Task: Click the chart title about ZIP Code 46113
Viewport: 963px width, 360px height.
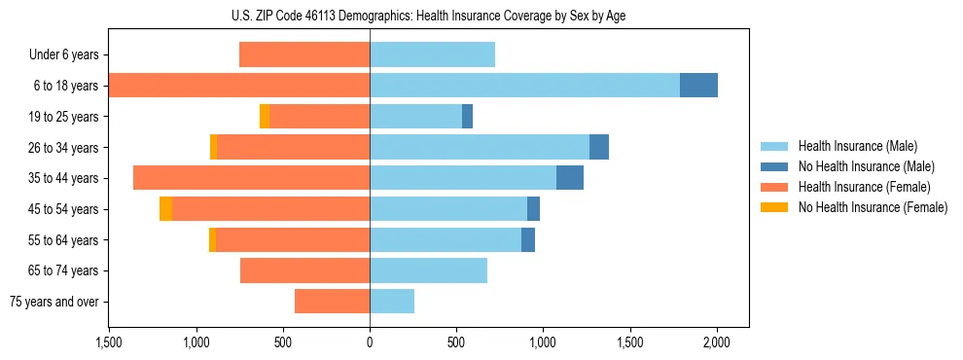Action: (428, 16)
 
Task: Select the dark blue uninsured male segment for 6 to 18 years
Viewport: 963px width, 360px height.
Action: (698, 86)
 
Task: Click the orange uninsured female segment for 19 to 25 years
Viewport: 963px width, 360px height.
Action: (265, 117)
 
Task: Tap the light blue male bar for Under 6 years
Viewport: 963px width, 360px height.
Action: (432, 55)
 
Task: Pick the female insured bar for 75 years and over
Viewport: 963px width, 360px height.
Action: (332, 302)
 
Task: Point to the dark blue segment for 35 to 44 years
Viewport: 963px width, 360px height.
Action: (570, 178)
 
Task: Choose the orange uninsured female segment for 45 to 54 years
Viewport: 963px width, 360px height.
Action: (165, 209)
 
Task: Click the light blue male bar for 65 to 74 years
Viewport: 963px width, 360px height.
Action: (428, 270)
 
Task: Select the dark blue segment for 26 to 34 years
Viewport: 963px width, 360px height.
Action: (599, 148)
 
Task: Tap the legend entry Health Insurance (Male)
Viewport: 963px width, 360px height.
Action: (857, 146)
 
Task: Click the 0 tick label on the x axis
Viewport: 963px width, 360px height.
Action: (370, 342)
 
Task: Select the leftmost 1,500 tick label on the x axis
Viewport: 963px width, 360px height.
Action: (108, 342)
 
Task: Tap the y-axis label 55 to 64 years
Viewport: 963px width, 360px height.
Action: (63, 240)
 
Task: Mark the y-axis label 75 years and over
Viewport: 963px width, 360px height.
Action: (53, 302)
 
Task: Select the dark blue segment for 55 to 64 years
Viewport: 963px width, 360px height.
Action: (528, 240)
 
